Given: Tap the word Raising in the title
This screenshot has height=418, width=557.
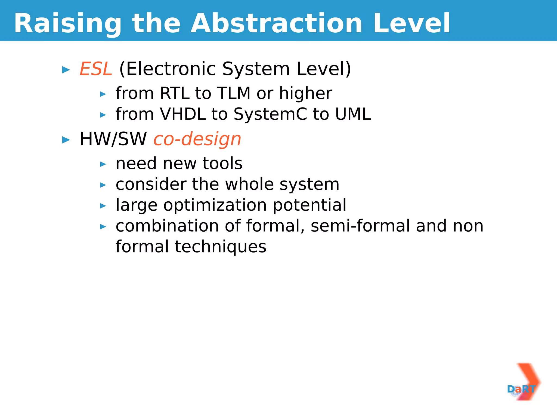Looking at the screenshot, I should point(67,24).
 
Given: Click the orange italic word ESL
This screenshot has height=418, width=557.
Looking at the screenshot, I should point(95,69).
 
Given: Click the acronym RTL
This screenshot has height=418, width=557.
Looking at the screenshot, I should point(174,93).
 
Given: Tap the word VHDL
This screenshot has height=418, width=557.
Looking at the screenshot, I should point(182,114).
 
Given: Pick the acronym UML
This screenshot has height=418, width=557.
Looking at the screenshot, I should point(353,114).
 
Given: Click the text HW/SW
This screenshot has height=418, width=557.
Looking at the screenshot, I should point(113,139).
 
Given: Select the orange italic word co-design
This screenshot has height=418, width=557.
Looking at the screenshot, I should point(197,139).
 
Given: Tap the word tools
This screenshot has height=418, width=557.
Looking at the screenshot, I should point(222,164).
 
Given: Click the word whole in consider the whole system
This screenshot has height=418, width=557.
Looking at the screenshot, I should point(249,184).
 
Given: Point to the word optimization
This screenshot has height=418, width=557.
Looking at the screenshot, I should point(215,205).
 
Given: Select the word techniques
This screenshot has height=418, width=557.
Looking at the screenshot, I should point(220,247).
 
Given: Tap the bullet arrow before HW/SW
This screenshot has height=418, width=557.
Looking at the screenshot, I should point(66,140).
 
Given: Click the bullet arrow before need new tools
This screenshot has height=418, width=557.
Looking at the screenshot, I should point(103,164).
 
